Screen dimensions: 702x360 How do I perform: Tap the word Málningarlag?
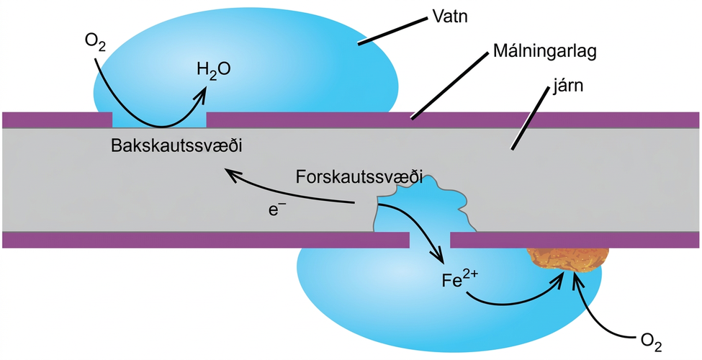(x=545, y=53)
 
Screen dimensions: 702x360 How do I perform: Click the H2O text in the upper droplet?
(x=214, y=71)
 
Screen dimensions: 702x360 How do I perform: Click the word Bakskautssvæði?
(x=177, y=146)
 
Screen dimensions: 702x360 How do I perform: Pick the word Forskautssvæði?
(x=360, y=177)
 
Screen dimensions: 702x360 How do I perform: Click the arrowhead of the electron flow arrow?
(x=232, y=174)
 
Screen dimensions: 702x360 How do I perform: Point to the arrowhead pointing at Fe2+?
(x=438, y=256)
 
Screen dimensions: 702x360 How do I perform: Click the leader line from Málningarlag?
(x=449, y=85)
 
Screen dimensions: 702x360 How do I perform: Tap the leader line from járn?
(x=530, y=118)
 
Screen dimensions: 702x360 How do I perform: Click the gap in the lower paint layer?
(x=430, y=240)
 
